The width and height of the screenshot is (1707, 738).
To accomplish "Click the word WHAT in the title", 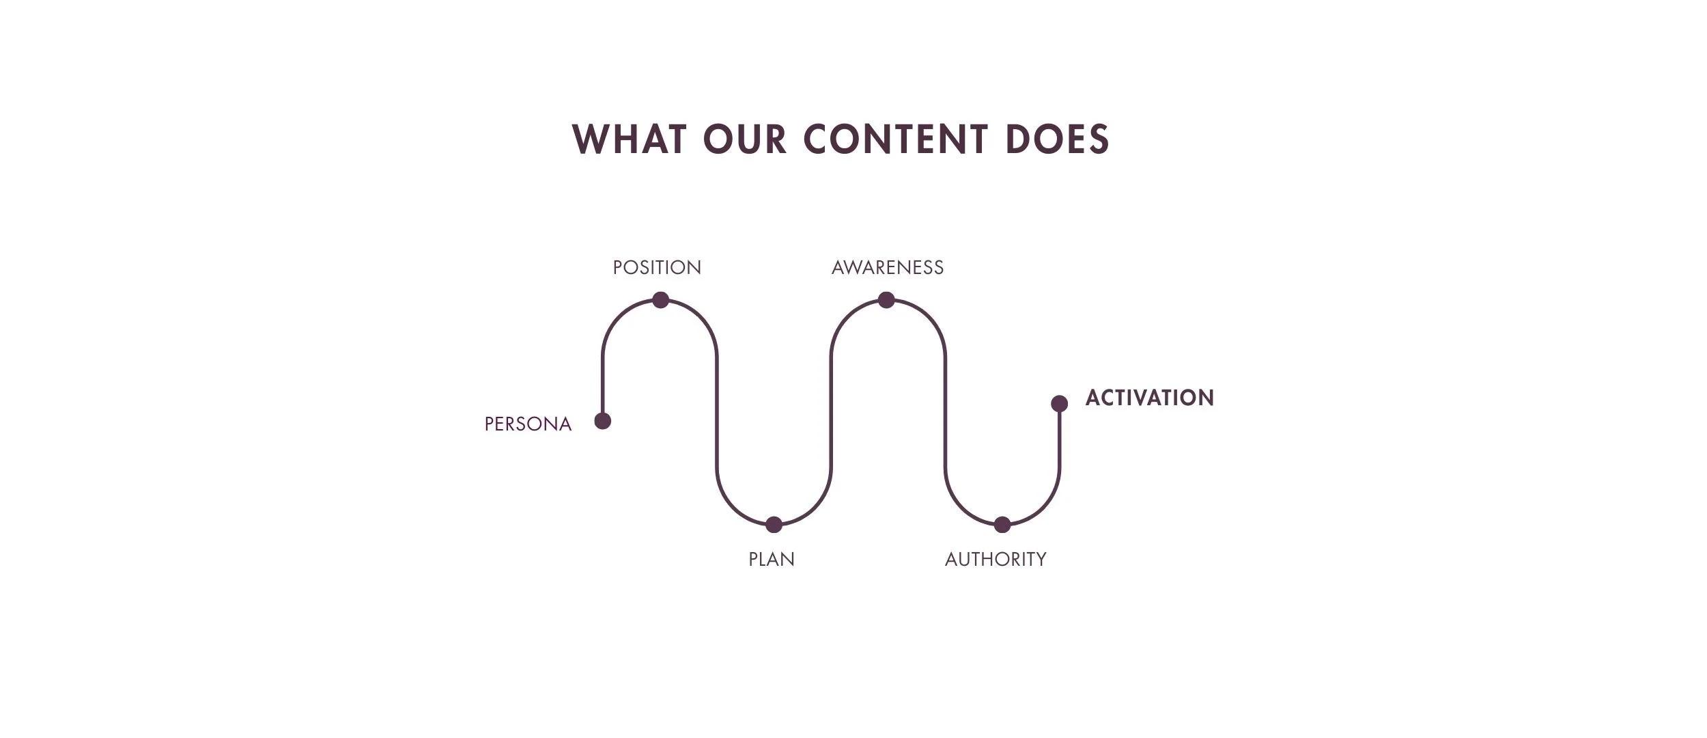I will pyautogui.click(x=629, y=139).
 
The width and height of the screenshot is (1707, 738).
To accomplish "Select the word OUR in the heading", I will pyautogui.click(x=745, y=139).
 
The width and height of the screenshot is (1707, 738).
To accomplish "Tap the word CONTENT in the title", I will pyautogui.click(x=895, y=139).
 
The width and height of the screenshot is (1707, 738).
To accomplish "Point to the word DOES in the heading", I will pyautogui.click(x=1058, y=139).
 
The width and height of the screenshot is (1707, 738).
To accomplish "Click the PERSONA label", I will pyautogui.click(x=528, y=424).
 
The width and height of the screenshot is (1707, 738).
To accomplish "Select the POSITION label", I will pyautogui.click(x=657, y=268).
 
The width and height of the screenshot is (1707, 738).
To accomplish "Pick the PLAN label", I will pyautogui.click(x=772, y=560).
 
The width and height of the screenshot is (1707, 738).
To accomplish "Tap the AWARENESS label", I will pyautogui.click(x=888, y=268).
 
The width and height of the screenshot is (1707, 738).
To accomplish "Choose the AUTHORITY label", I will pyautogui.click(x=996, y=560).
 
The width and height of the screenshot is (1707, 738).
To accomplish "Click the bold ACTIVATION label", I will pyautogui.click(x=1150, y=398).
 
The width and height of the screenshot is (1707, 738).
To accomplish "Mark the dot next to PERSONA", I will pyautogui.click(x=603, y=421).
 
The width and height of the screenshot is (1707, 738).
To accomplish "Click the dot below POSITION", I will pyautogui.click(x=660, y=300).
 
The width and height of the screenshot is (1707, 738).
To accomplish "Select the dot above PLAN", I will pyautogui.click(x=774, y=525).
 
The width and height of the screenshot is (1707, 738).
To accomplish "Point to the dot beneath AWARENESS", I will pyautogui.click(x=886, y=300).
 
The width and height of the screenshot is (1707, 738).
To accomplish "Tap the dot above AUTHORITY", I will pyautogui.click(x=1002, y=525).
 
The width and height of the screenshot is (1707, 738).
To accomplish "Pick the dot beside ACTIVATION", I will pyautogui.click(x=1059, y=404).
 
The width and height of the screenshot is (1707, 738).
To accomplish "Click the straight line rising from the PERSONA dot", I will pyautogui.click(x=603, y=383).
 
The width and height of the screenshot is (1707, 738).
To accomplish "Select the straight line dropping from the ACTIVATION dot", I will pyautogui.click(x=1059, y=441).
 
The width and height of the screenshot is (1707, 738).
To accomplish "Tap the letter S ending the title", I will pyautogui.click(x=1099, y=139).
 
